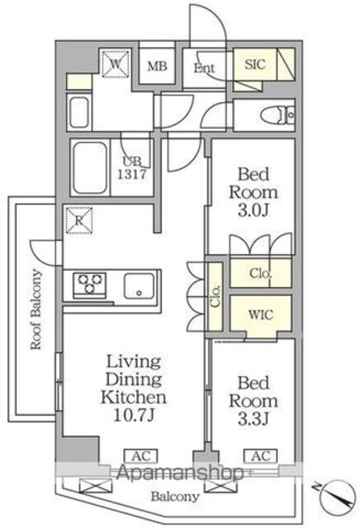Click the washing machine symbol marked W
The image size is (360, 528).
point(116,64)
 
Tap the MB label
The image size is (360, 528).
point(157,66)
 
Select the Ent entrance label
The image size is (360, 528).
point(204,68)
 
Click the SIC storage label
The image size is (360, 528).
point(255,64)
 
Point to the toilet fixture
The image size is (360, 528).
point(277,115)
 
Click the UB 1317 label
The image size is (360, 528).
point(132,167)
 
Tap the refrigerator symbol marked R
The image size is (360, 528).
point(79,220)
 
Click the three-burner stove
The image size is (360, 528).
point(90,284)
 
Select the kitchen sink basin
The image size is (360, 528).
point(140,285)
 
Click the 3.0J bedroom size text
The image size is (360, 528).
point(253,211)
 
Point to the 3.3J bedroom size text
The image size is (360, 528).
point(253,419)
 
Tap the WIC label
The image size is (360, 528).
point(261,315)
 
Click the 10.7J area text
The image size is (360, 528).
point(134,415)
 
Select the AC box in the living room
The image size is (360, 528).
point(141,456)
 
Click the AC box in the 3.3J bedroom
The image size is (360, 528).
point(261,456)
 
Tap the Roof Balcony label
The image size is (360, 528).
point(36,309)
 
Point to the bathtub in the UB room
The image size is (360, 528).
point(90,167)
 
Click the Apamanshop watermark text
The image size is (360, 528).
point(180,473)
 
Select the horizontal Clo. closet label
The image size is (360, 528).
point(261,273)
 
